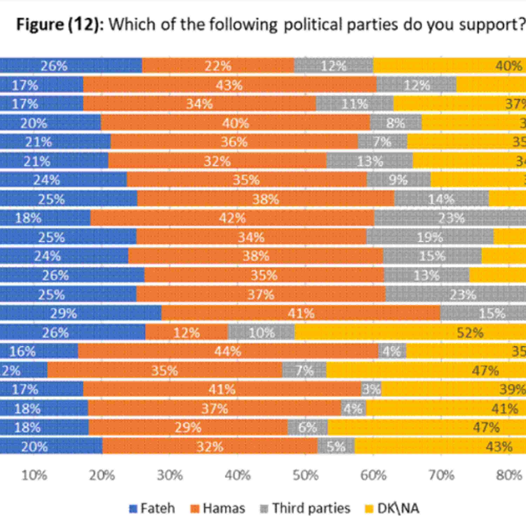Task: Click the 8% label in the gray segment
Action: [395, 123]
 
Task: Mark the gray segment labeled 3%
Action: [371, 389]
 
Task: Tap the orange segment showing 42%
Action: [232, 218]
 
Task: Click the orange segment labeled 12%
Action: [187, 333]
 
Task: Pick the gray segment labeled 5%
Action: [336, 447]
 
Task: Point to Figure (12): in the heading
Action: [60, 25]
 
